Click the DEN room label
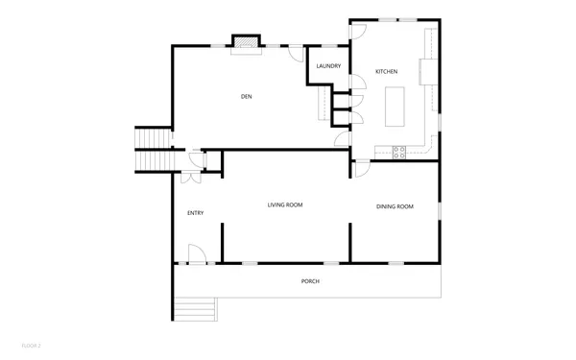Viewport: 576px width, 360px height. pyautogui.click(x=246, y=96)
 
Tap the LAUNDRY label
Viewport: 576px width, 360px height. pyautogui.click(x=329, y=66)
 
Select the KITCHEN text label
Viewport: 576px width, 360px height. pyautogui.click(x=386, y=72)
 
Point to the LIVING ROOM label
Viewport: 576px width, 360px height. pyautogui.click(x=285, y=205)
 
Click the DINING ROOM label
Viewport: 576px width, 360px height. pyautogui.click(x=395, y=206)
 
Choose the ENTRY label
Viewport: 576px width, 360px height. pyautogui.click(x=195, y=213)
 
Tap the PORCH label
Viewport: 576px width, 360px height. pyautogui.click(x=309, y=281)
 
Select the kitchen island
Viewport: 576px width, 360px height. pyautogui.click(x=396, y=106)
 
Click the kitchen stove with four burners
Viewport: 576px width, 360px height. pyautogui.click(x=400, y=150)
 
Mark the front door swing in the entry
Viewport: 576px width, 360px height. pyautogui.click(x=196, y=254)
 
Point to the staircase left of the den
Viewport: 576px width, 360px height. pyautogui.click(x=152, y=150)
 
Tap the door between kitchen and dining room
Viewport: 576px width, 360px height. pyautogui.click(x=363, y=169)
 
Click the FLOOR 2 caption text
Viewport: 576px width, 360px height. pyautogui.click(x=33, y=343)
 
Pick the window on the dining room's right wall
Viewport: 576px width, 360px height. pyautogui.click(x=439, y=208)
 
